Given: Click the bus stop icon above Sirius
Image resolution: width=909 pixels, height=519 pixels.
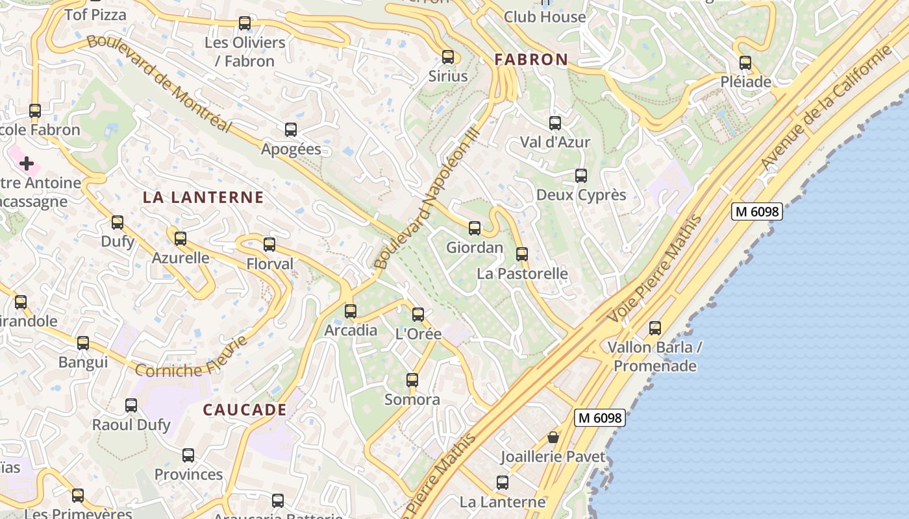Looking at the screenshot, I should [447, 57].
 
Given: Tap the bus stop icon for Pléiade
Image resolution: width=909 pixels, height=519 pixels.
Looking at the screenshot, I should [745, 63].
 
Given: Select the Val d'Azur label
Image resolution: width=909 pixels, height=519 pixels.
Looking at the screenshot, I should [555, 142].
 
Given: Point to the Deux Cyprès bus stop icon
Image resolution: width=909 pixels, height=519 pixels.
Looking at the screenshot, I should [580, 176].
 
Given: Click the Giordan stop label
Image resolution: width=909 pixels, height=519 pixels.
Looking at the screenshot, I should [475, 247].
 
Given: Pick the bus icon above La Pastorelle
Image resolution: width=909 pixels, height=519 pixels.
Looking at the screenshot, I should [522, 254].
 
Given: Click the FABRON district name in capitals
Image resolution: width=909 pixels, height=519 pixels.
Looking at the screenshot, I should [531, 60].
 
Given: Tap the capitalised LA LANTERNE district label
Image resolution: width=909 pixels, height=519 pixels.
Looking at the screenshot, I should [203, 197].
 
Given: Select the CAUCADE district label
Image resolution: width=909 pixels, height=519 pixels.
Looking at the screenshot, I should [245, 409].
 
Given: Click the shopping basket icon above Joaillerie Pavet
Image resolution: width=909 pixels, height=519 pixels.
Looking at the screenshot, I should [553, 437].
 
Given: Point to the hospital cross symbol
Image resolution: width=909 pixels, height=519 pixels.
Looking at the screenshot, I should [27, 163].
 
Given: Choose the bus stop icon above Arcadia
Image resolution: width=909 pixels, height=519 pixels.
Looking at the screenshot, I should [351, 311].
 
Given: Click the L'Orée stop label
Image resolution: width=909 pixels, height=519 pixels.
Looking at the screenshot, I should [418, 334].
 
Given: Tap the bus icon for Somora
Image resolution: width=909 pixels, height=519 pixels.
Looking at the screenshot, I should [412, 380].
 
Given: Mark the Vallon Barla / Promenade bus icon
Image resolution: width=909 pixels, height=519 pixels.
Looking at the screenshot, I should [655, 328].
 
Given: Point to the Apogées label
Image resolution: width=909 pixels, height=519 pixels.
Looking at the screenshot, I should [291, 149].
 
